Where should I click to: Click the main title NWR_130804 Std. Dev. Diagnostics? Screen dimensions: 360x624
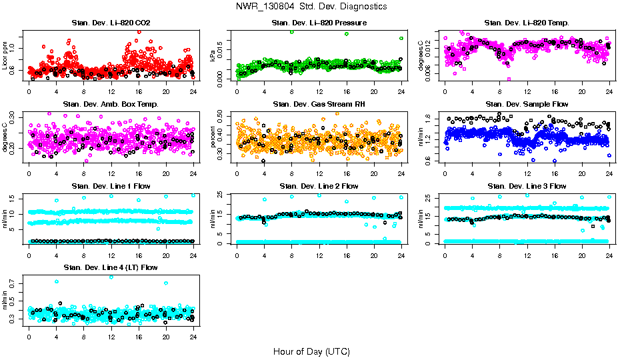point(311,7)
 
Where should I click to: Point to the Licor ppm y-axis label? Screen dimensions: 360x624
point(5,56)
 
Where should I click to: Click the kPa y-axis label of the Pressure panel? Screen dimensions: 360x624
point(213,56)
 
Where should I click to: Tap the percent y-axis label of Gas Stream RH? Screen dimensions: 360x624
point(213,137)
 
